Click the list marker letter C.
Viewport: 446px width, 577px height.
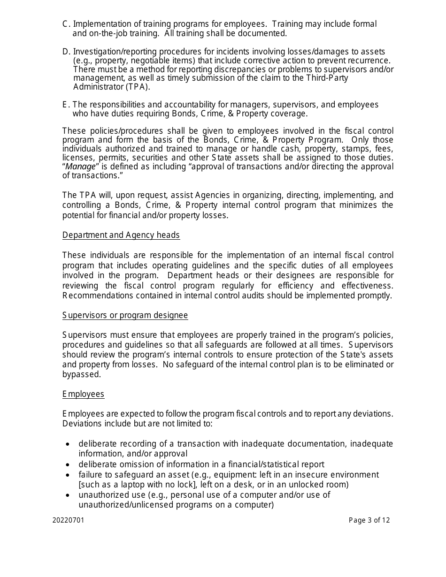65,24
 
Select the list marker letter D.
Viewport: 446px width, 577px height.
65,52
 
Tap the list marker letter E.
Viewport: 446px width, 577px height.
65,105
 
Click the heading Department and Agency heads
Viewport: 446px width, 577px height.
121,235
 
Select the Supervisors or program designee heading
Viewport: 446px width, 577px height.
125,315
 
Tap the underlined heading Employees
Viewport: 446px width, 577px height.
83,394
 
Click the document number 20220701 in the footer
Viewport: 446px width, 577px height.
69,520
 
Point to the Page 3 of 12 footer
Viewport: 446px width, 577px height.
369,520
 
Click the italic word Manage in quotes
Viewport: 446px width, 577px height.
80,167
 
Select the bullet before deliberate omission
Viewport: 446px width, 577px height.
68,464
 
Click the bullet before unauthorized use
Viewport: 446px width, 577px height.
68,495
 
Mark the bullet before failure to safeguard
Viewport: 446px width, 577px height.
68,475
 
